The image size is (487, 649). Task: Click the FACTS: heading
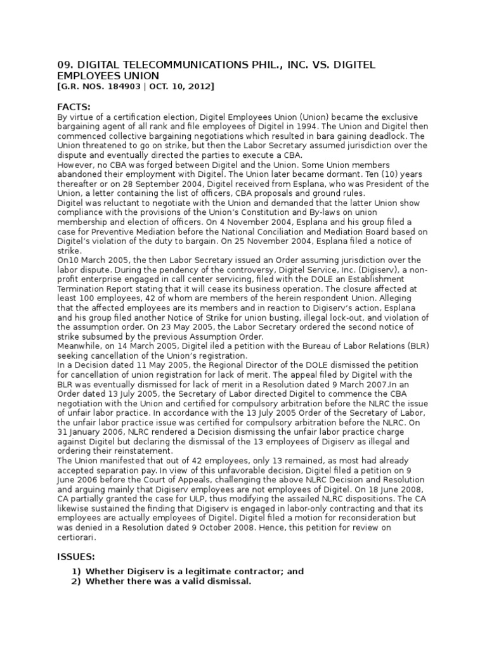[74, 107]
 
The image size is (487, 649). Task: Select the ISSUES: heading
[76, 556]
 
